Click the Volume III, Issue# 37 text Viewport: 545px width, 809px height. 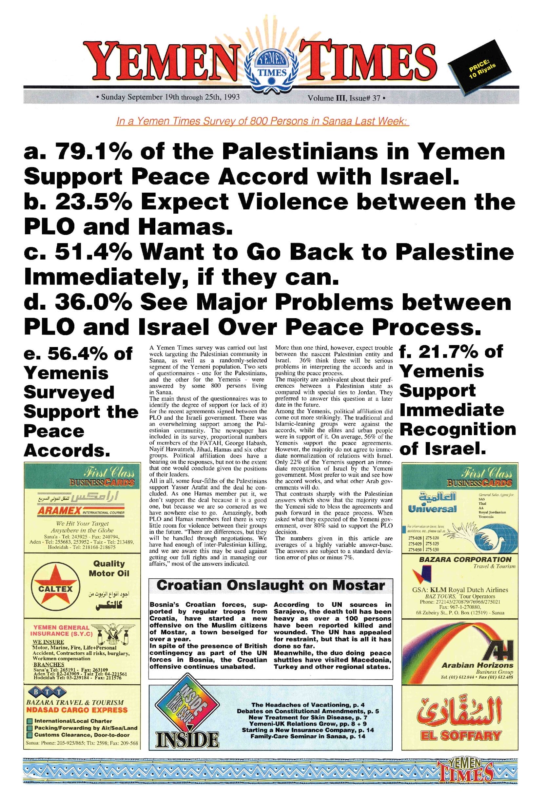click(x=346, y=98)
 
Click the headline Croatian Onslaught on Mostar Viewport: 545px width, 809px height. click(x=270, y=585)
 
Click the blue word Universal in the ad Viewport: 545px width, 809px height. click(x=432, y=509)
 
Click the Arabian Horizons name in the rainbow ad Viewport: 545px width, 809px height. click(x=477, y=665)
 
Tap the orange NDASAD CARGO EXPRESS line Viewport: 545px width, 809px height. click(x=77, y=710)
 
